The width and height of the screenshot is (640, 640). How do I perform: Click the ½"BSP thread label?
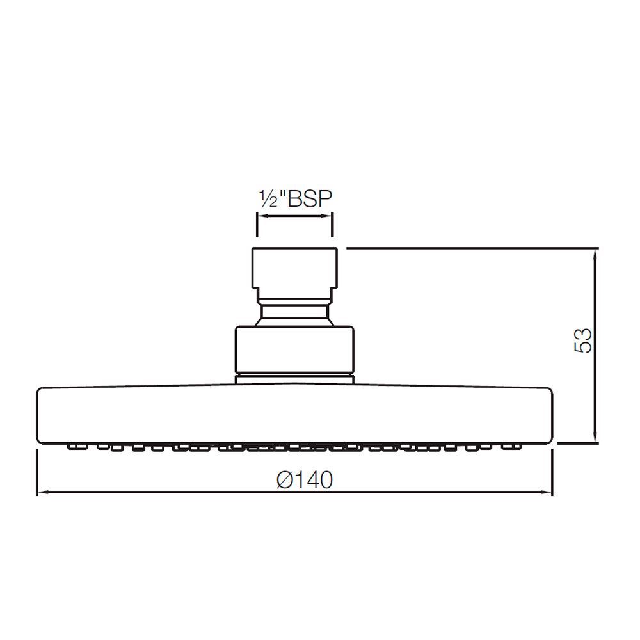point(295,199)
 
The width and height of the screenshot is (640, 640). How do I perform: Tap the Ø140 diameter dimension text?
point(305,479)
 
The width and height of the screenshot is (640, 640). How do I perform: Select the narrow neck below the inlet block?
point(294,314)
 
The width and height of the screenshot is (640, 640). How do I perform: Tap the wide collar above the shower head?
point(294,349)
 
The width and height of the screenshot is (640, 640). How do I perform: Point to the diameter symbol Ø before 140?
point(286,479)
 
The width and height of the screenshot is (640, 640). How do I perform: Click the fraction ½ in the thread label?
point(267,199)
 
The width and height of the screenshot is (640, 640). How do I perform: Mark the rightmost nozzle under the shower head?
point(513,445)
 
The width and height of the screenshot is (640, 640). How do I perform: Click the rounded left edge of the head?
point(39,414)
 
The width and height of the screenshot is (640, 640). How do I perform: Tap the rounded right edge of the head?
point(550,414)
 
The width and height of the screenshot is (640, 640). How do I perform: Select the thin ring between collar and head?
point(294,378)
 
